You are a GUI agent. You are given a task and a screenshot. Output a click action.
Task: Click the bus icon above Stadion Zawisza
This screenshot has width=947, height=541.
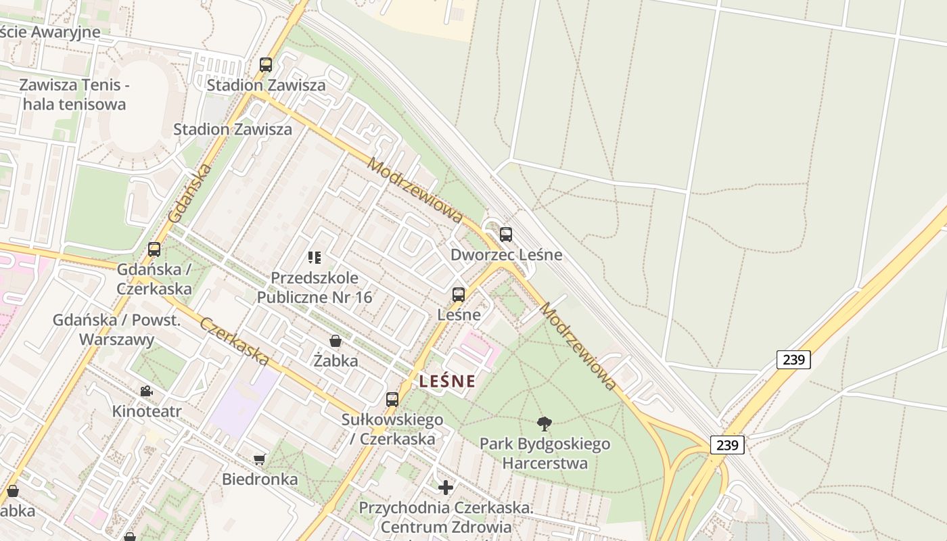[x=266, y=65]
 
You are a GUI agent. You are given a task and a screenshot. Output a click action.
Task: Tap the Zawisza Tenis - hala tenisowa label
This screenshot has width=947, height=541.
[x=74, y=95]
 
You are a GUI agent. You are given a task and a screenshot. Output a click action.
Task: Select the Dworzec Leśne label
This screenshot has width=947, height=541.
[x=506, y=255]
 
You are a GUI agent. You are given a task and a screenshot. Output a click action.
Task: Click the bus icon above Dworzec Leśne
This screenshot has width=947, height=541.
[x=505, y=235]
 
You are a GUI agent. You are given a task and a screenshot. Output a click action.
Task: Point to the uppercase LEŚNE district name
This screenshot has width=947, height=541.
[x=447, y=381]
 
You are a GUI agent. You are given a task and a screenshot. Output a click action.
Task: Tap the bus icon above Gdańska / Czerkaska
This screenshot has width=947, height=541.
[x=154, y=250]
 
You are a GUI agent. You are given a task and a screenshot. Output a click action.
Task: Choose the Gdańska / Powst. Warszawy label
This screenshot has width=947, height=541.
[x=116, y=330]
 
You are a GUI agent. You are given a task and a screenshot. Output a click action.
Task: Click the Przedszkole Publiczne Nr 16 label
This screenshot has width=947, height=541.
[x=315, y=287]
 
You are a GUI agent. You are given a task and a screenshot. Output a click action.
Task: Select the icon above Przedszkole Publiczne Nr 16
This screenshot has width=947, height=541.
[x=314, y=257]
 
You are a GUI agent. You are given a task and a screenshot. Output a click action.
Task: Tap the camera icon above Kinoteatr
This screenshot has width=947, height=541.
[x=146, y=391]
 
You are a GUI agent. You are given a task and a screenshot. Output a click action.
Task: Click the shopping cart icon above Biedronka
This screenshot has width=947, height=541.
[x=259, y=460]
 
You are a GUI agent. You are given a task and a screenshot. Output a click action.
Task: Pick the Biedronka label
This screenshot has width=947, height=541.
[x=260, y=479]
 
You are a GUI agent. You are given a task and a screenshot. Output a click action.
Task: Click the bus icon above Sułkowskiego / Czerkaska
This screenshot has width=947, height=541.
[x=392, y=400]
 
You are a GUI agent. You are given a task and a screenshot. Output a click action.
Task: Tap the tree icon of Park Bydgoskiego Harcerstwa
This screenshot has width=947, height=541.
[x=545, y=424]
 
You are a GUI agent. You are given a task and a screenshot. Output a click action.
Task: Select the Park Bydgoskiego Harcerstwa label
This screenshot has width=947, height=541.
[x=545, y=454]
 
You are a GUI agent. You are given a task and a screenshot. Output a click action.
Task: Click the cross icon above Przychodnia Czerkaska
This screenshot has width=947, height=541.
[x=445, y=488]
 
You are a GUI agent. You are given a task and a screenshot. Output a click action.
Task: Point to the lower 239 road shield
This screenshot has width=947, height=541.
[x=727, y=445]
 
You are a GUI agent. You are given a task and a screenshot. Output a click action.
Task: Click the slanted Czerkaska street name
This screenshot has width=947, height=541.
[x=235, y=342]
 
